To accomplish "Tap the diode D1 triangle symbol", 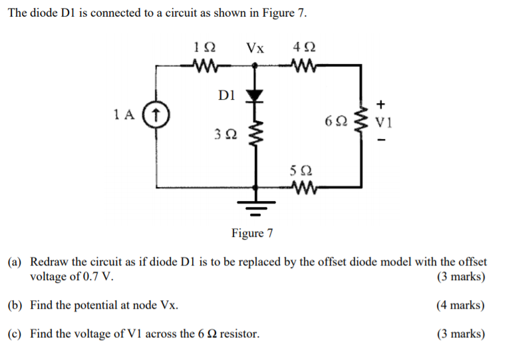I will click(x=253, y=96).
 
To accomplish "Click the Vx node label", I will click(x=255, y=48).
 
